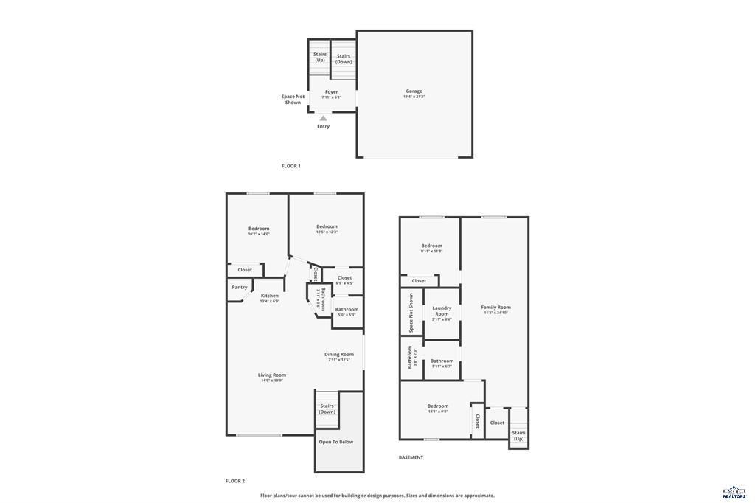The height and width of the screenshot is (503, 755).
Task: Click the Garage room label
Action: (414, 91)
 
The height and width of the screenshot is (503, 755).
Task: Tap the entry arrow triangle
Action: (323, 117)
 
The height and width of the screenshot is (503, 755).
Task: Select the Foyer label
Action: (332, 93)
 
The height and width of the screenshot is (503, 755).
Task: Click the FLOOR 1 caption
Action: (291, 166)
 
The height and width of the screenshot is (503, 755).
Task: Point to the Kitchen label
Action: (270, 296)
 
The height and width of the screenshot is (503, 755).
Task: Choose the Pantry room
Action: (240, 288)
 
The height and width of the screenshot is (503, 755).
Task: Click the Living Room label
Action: (272, 375)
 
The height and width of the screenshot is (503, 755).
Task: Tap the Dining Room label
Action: (339, 355)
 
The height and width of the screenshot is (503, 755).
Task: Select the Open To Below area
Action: (336, 443)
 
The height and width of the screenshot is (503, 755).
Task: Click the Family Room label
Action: (495, 308)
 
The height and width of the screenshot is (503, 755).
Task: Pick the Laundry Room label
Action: (442, 311)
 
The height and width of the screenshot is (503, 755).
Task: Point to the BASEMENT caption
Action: (411, 457)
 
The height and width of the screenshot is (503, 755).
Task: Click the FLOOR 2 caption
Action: (235, 481)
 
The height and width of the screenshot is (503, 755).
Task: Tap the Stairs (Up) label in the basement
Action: (519, 436)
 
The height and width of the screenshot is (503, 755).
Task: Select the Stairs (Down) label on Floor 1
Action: (344, 58)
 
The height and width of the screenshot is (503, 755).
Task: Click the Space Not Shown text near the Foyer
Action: (293, 100)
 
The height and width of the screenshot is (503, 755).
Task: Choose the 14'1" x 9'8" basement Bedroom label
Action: (438, 406)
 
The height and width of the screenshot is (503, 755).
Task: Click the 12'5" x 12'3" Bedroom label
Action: (327, 227)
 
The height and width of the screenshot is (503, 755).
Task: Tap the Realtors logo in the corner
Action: (734, 493)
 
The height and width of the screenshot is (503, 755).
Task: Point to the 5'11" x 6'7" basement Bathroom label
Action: (442, 361)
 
